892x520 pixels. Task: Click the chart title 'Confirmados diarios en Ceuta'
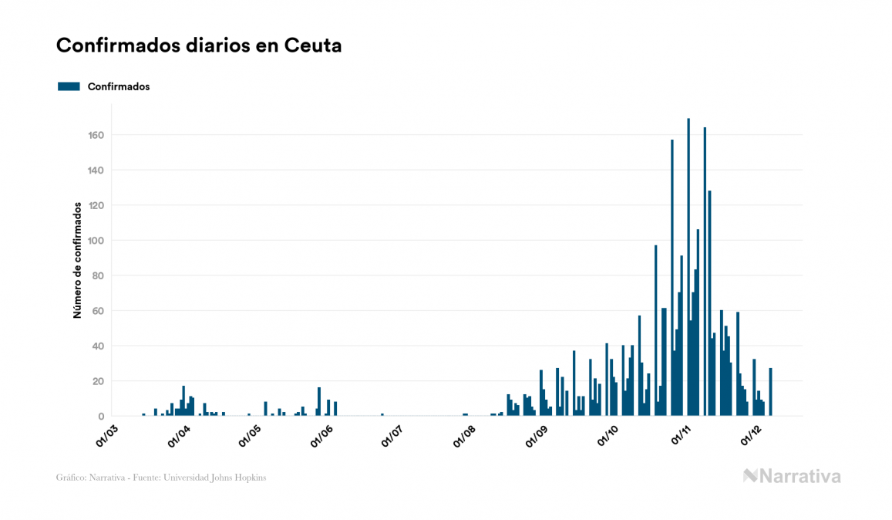pos(199,46)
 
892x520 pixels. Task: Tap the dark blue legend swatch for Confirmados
pos(69,86)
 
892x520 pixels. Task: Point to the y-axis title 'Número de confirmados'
pos(77,260)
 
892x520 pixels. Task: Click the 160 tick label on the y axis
pos(96,135)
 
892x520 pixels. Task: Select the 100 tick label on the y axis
pos(96,241)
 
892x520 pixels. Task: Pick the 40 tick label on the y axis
pos(98,346)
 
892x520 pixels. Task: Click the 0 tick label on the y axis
pos(101,416)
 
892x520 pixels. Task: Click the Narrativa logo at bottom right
pos(792,476)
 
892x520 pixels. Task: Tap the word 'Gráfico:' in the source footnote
pos(71,478)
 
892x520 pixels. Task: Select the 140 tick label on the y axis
pos(96,171)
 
